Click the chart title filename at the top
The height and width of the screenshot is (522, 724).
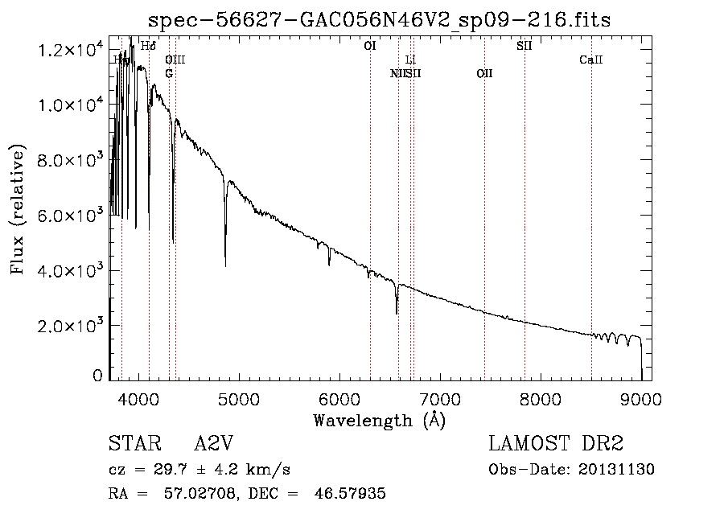click(x=381, y=20)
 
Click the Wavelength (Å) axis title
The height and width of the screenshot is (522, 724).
click(x=379, y=420)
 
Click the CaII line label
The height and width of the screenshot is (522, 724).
click(x=591, y=60)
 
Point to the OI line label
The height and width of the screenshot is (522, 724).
click(x=370, y=47)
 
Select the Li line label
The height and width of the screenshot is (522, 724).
click(x=410, y=60)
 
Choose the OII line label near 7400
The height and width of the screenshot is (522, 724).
click(x=484, y=74)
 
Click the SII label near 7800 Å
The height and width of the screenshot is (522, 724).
click(x=524, y=47)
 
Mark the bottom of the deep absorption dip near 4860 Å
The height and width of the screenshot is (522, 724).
click(x=225, y=265)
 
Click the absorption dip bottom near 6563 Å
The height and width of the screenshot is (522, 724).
click(x=397, y=313)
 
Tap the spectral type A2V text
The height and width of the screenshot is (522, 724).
click(x=214, y=445)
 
